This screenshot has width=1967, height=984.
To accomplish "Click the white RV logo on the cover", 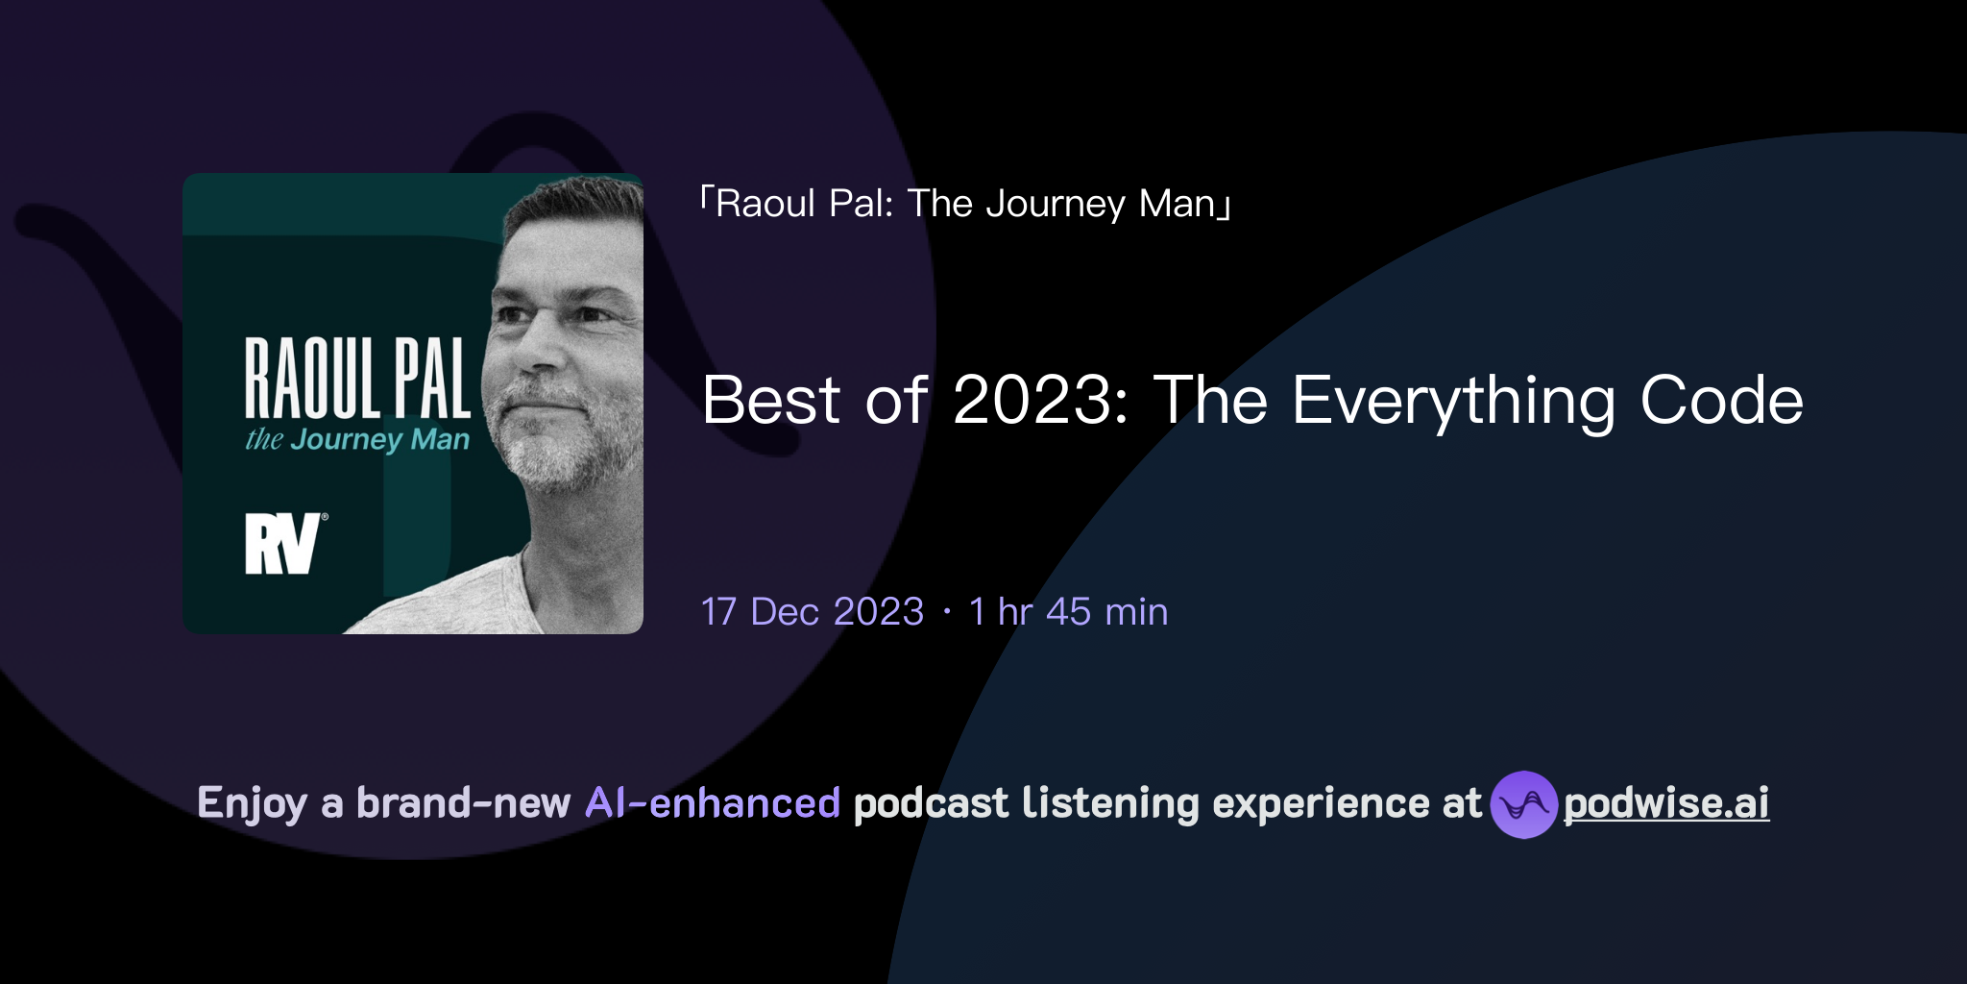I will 281,544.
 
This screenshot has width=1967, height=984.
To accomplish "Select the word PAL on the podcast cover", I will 432,379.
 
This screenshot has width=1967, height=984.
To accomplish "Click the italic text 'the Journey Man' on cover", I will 357,440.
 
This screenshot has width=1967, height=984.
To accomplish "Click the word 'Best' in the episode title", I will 771,401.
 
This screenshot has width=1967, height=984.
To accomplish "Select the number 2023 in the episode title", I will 1032,401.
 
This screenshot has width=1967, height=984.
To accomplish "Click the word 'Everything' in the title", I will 1452,401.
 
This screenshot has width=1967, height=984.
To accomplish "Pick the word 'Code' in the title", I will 1721,401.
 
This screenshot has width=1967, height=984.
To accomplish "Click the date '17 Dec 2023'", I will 813,612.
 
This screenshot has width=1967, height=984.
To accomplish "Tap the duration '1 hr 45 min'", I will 1068,612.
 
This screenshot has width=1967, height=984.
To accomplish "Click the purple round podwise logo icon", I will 1523,804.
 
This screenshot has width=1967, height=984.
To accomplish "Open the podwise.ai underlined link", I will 1666,804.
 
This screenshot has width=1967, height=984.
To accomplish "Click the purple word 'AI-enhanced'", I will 713,803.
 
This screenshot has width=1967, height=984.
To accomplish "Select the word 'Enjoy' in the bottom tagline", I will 252,803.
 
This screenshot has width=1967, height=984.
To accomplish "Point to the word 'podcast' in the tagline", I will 931,803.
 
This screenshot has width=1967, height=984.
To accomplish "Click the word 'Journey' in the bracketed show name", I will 1055,204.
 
